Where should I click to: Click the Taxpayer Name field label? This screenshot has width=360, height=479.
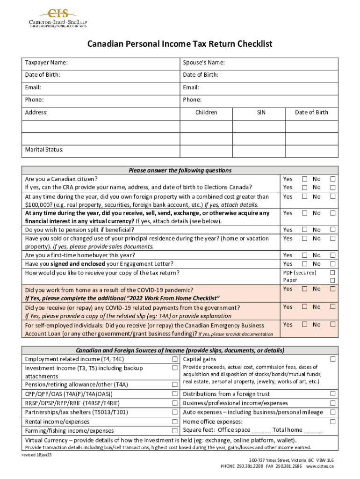[x=46, y=63]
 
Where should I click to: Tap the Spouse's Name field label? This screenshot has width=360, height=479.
[x=204, y=63]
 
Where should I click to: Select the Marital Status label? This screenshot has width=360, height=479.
[x=44, y=150]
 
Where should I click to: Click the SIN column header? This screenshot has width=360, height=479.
[x=261, y=112]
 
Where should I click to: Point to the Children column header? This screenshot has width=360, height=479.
[x=206, y=112]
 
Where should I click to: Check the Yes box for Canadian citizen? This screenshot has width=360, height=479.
[x=304, y=179]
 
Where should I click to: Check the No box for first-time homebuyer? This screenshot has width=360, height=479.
[x=333, y=255]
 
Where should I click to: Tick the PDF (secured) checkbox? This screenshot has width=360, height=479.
[x=333, y=273]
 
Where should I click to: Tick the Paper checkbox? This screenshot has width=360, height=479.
[x=333, y=280]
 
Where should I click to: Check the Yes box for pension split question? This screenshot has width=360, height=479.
[x=304, y=230]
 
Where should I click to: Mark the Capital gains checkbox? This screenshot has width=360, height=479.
[x=333, y=359]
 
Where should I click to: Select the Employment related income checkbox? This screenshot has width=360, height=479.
[x=174, y=359]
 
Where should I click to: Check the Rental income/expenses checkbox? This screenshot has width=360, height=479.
[x=174, y=421]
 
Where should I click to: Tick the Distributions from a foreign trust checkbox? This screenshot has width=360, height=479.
[x=333, y=394]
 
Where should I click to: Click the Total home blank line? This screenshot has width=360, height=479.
[x=314, y=430]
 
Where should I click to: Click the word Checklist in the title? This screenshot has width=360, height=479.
[x=250, y=44]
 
